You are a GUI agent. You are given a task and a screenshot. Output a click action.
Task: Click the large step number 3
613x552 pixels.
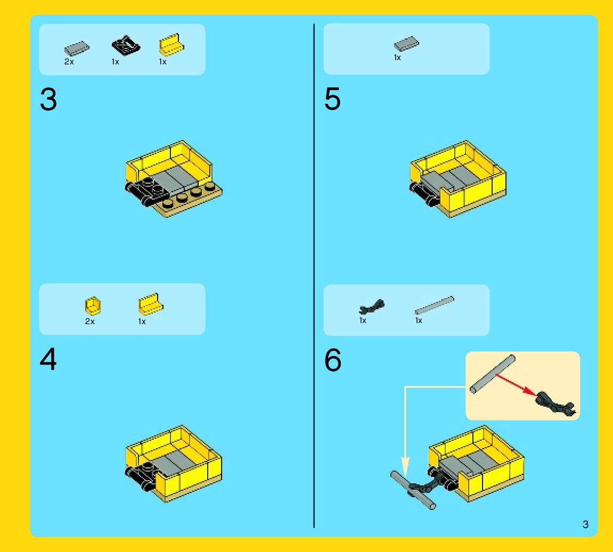(x=48, y=99)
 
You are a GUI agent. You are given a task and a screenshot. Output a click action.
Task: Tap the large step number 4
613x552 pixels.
(x=48, y=359)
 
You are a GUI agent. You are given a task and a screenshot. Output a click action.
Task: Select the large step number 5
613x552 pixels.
(x=333, y=99)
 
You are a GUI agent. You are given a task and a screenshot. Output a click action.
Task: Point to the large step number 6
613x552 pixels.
(x=333, y=360)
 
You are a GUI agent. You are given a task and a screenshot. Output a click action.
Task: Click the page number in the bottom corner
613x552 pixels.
(x=585, y=524)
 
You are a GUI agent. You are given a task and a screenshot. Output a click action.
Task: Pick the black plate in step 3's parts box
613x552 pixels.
(x=126, y=45)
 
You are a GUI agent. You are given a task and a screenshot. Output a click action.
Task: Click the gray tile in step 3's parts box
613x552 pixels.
(x=77, y=48)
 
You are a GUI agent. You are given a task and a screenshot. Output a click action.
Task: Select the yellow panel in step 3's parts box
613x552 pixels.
(x=171, y=45)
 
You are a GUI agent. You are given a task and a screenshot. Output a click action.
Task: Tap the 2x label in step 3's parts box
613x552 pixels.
(x=69, y=62)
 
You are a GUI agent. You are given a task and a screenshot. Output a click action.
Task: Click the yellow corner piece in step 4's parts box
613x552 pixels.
(x=93, y=306)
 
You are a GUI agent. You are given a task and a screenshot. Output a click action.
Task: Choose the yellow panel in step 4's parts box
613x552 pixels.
(x=151, y=304)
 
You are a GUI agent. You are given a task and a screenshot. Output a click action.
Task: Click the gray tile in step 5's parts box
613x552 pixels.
(x=406, y=44)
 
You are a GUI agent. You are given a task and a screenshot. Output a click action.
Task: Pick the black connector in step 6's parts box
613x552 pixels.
(x=371, y=307)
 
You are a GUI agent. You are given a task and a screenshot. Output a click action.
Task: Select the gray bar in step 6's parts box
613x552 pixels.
(x=435, y=305)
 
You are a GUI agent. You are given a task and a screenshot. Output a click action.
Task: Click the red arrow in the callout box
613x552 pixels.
(x=516, y=385)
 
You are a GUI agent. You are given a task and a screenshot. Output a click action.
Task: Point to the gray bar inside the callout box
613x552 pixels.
(x=493, y=374)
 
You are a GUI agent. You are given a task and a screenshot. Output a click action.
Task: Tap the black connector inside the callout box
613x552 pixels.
(x=555, y=403)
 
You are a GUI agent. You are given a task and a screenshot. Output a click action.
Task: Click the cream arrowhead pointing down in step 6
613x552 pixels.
(x=405, y=466)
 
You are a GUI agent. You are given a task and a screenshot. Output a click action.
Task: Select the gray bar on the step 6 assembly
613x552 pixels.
(x=413, y=490)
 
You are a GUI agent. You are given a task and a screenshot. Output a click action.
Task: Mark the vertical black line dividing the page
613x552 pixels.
(x=314, y=276)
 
